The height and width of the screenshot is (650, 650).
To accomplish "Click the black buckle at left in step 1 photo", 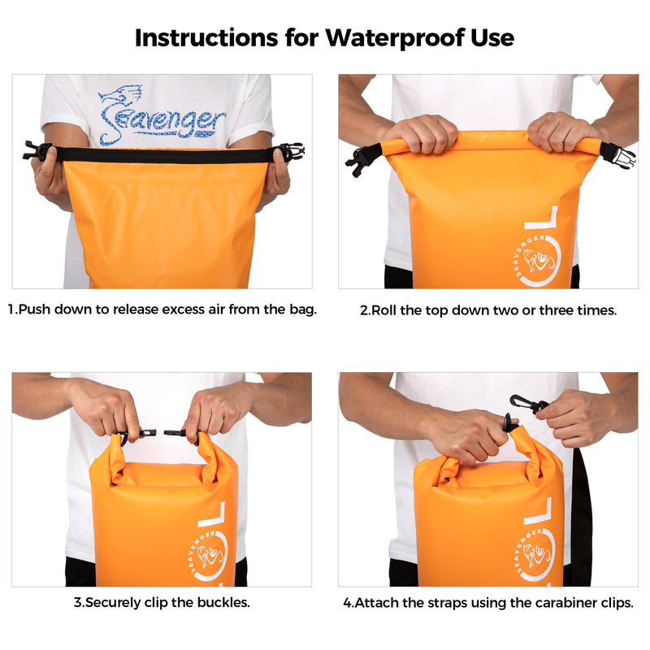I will tap(36, 150).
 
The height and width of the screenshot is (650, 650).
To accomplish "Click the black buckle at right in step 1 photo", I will tap(291, 151).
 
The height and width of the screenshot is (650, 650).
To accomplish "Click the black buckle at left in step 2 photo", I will tap(362, 159).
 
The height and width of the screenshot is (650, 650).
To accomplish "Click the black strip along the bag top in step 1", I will tap(162, 154).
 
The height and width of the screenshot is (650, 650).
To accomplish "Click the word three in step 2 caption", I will tap(554, 310).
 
